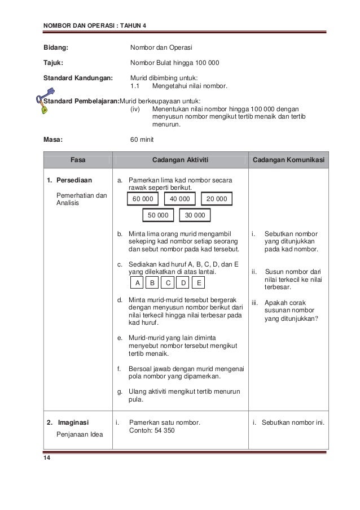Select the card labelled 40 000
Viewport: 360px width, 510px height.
179,199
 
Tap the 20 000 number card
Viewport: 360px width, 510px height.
217,199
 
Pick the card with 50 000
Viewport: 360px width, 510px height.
158,215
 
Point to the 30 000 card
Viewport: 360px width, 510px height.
195,215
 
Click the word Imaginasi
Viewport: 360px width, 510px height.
73,422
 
